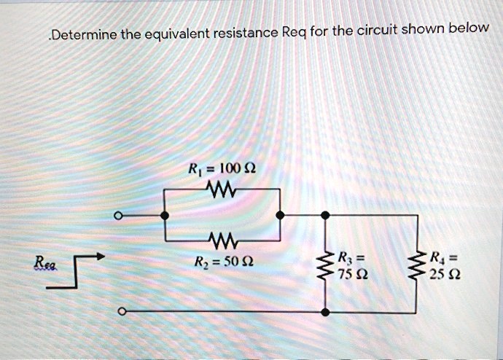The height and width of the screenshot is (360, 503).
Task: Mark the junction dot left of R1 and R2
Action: coord(165,216)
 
